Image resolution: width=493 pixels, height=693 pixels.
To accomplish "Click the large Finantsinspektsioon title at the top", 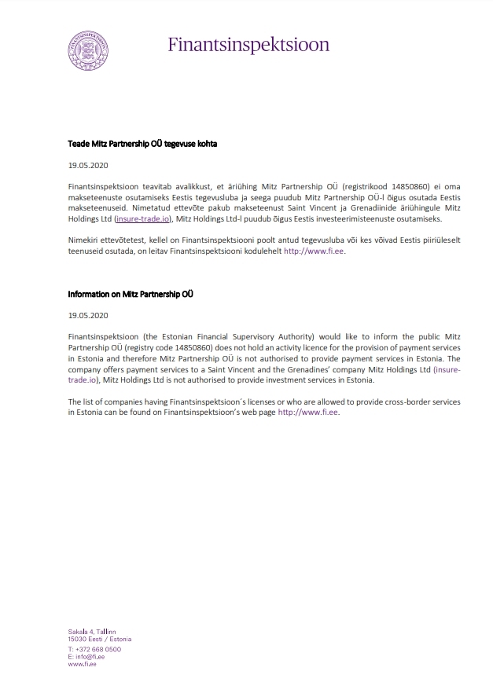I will click(248, 44).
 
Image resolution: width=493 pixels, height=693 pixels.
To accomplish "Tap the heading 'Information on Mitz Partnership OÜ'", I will click(131, 294).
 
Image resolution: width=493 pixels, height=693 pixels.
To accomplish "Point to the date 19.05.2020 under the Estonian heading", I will click(87, 166).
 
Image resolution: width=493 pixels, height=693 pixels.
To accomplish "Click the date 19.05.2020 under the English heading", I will click(87, 315).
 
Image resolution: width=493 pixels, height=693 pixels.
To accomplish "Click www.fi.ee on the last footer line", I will click(82, 664).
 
